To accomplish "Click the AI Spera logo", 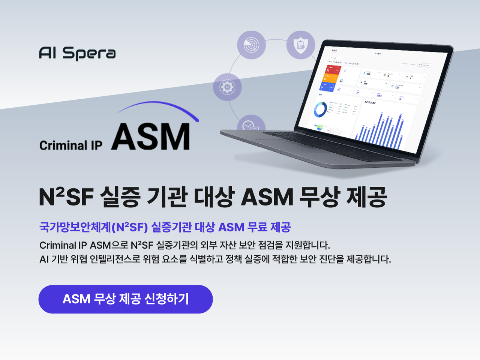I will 77,53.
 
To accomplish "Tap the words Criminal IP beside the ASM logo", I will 71,145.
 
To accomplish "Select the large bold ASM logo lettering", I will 151,137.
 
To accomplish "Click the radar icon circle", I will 251,45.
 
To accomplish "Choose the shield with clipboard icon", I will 300,45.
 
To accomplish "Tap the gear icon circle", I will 227,87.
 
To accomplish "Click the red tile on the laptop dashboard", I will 332,70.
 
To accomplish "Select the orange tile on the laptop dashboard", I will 330,79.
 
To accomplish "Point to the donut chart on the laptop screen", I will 320,110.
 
